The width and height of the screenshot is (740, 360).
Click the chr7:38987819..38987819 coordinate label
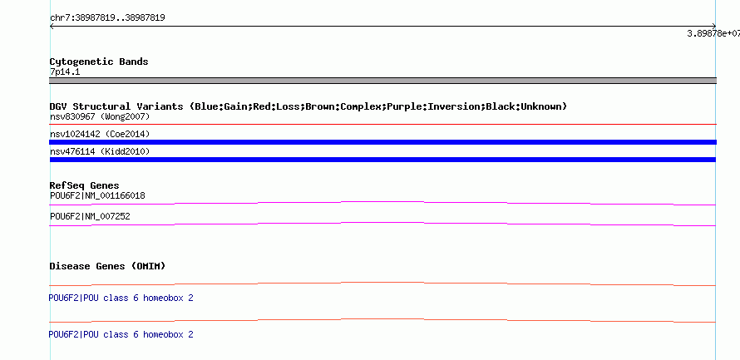point(107,18)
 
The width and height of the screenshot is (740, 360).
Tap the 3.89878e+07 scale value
point(713,33)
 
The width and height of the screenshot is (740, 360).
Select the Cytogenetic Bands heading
point(99,62)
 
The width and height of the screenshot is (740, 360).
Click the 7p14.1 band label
point(65,72)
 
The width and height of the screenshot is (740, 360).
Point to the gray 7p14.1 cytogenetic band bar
point(382,81)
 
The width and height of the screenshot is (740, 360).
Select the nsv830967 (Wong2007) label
point(100,116)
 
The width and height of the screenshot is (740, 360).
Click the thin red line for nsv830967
point(382,125)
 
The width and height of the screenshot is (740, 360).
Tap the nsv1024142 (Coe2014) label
point(100,135)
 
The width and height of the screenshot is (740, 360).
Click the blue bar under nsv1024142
point(382,142)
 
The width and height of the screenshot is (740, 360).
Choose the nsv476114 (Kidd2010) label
point(100,152)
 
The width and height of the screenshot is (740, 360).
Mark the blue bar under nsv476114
point(382,160)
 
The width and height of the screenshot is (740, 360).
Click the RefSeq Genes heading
point(84,186)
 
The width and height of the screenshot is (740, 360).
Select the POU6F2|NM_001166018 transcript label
point(97,196)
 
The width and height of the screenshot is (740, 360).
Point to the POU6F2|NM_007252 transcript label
point(90,217)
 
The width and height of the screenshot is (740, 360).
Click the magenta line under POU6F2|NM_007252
point(382,222)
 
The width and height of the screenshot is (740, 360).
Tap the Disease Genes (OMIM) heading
point(107,266)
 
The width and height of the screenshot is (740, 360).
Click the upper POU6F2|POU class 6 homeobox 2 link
point(121,298)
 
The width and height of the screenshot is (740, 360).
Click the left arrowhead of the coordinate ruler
point(51,27)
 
